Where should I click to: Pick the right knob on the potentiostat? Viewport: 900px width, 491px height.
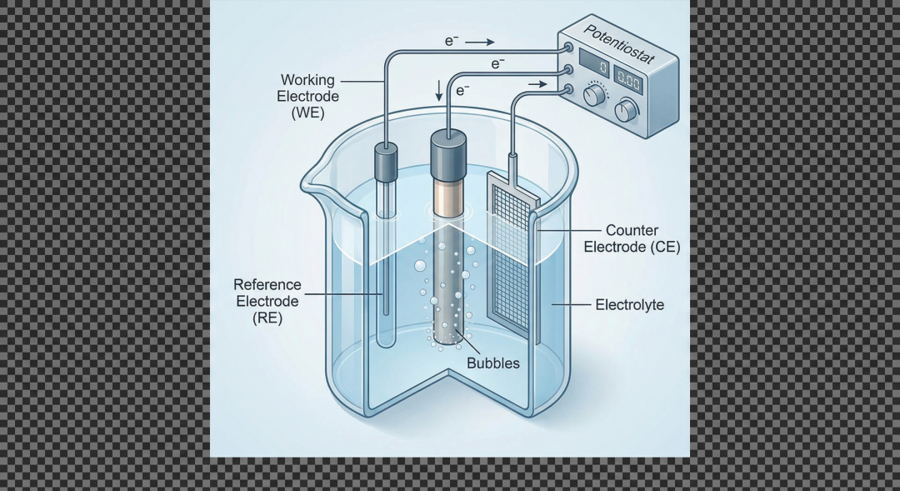click(x=625, y=111)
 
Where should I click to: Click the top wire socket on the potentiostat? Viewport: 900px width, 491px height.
click(x=567, y=48)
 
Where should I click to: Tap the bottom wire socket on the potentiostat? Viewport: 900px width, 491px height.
click(x=568, y=88)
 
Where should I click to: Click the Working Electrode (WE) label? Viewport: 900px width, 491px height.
click(x=307, y=96)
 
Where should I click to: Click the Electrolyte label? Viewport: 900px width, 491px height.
click(x=629, y=305)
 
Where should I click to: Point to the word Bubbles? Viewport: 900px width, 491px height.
click(x=492, y=363)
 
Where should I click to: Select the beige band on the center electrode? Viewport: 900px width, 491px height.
click(x=447, y=195)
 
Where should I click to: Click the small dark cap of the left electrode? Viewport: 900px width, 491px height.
click(x=385, y=163)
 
